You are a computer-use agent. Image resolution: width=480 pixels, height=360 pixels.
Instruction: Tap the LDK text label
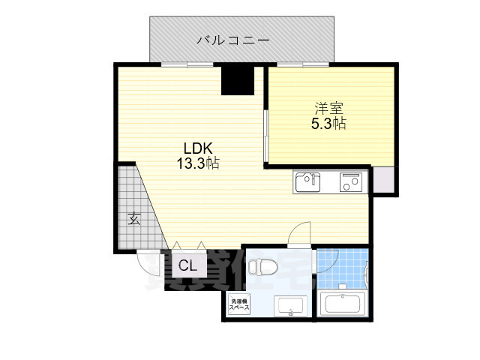pyautogui.click(x=197, y=148)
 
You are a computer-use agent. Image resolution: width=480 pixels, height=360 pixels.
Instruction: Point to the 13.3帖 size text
pyautogui.click(x=197, y=163)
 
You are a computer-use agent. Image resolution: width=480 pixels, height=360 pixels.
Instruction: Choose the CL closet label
pyautogui.click(x=187, y=265)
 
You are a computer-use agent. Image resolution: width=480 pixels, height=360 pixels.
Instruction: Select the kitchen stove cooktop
pyautogui.click(x=350, y=182)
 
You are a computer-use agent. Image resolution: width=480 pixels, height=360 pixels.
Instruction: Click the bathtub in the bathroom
pyautogui.click(x=341, y=304)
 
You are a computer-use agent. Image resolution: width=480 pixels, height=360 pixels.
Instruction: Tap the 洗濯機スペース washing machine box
pyautogui.click(x=239, y=304)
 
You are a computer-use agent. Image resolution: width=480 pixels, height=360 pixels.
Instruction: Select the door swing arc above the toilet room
pyautogui.click(x=299, y=232)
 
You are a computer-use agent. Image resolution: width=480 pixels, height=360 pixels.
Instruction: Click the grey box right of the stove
pyautogui.click(x=383, y=181)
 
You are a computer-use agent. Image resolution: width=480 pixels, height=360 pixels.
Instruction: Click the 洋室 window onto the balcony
pyautogui.click(x=300, y=64)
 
